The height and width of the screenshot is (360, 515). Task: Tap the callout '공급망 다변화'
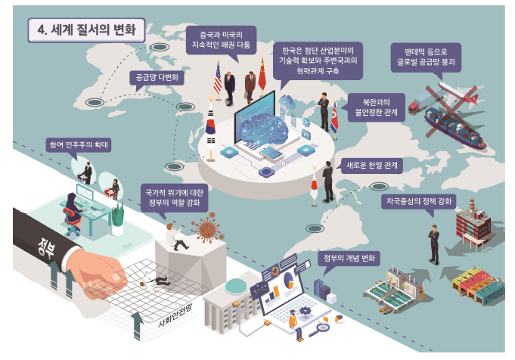coord(157,77)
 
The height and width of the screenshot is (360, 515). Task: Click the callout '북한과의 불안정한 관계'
coord(375,109)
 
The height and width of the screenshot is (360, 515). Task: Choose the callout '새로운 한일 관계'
coord(371,163)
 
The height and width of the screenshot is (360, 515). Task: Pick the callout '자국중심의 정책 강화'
coord(418,203)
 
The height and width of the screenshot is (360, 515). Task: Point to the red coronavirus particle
coord(206,229)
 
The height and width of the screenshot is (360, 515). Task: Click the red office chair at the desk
coord(73,219)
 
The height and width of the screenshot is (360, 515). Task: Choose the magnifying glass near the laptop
coord(323,327)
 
